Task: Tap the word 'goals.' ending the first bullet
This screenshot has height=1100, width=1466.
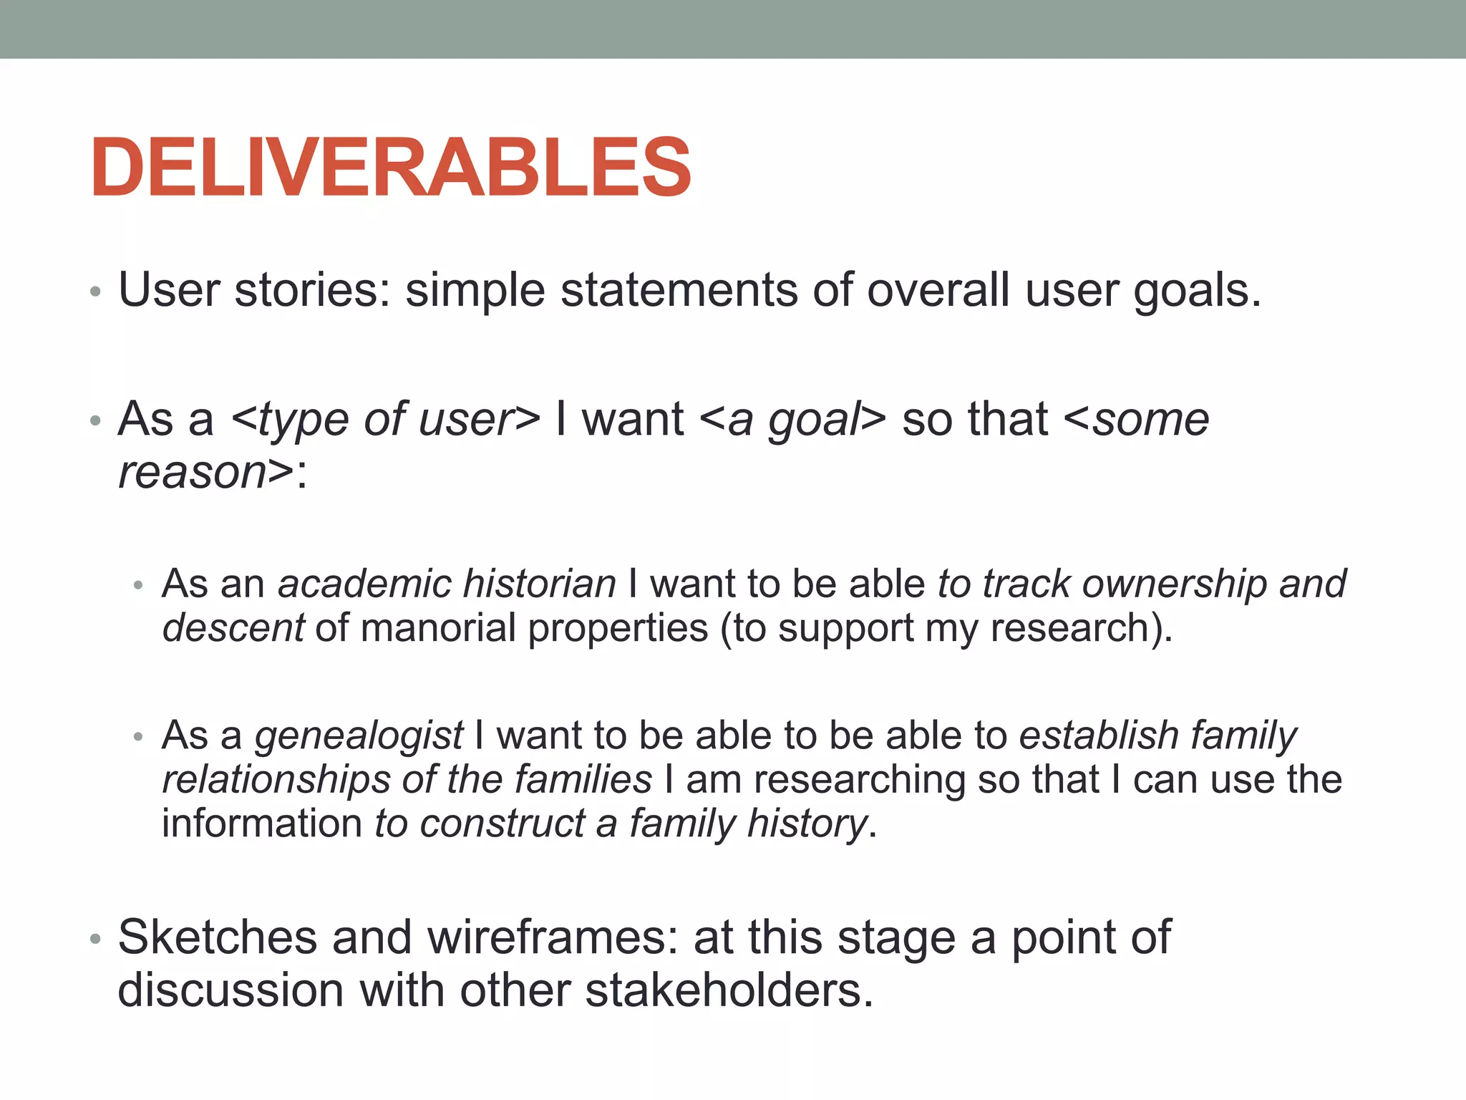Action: tap(1197, 290)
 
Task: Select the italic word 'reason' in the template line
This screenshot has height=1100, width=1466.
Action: tap(193, 473)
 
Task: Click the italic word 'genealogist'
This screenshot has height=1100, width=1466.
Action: tap(359, 735)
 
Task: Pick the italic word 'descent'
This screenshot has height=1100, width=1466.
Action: tap(233, 628)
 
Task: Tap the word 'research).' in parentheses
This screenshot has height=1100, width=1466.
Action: tap(1082, 628)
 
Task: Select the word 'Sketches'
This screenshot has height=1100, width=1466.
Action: tap(217, 937)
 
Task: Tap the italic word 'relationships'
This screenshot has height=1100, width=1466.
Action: tap(276, 779)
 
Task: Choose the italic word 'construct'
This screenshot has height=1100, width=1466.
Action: tap(503, 824)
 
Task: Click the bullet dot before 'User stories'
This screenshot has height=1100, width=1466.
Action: tap(96, 292)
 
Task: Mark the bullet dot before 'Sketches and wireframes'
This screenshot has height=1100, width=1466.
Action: tap(96, 939)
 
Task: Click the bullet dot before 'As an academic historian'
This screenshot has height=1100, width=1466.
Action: tap(139, 586)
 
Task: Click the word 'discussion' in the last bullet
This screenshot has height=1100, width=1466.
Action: tap(230, 990)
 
